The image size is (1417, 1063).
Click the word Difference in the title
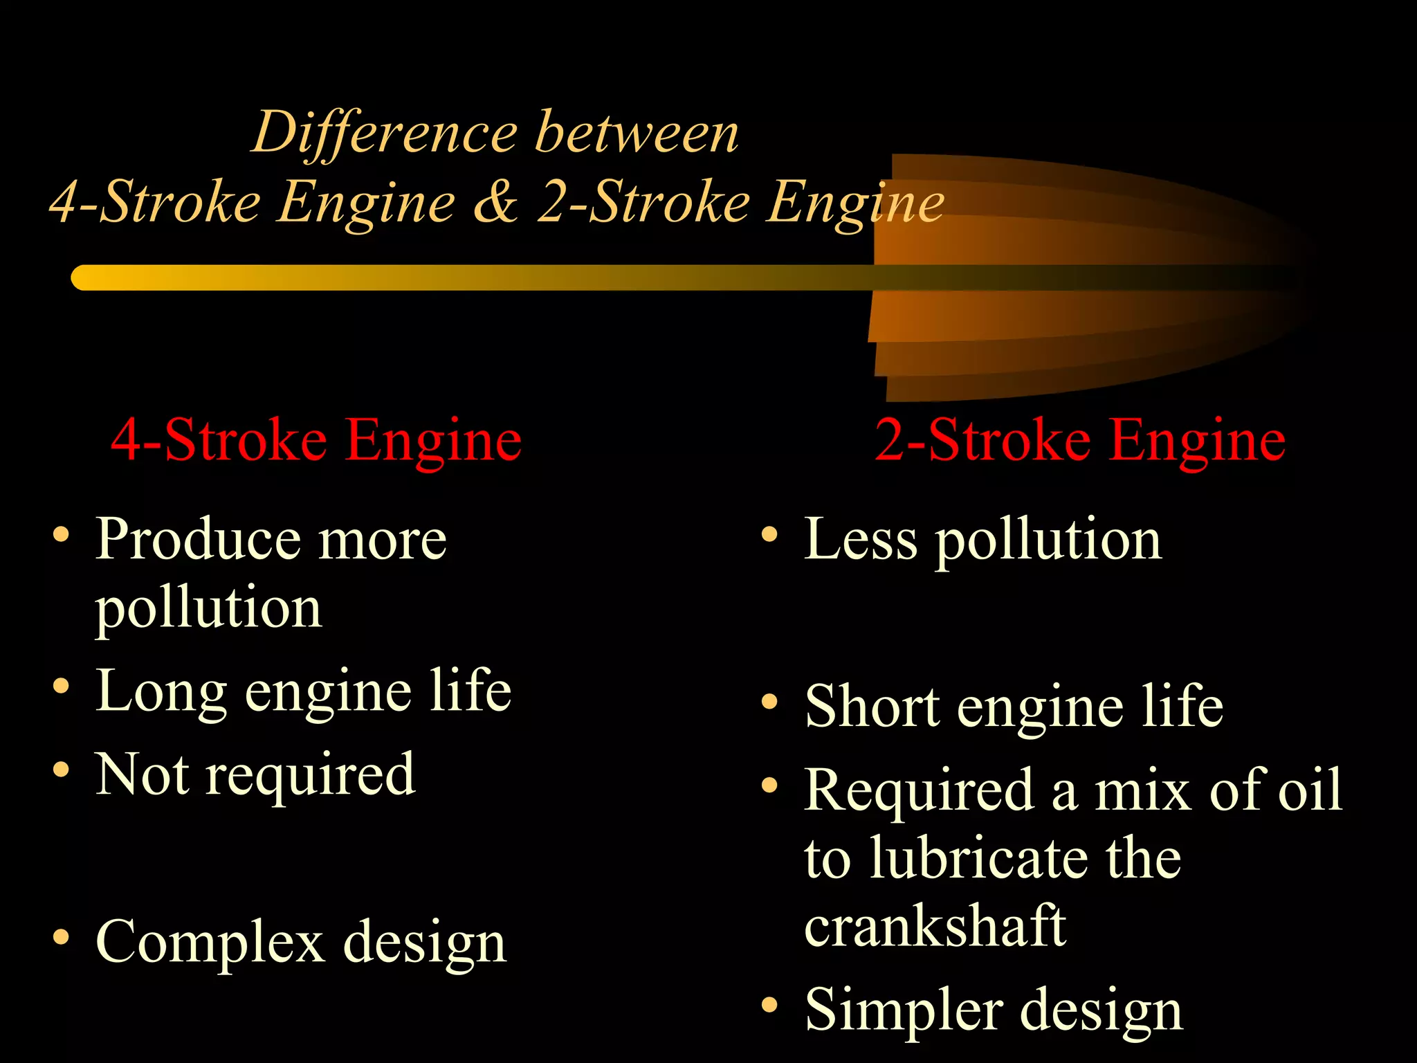point(385,133)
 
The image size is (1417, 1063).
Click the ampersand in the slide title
point(495,202)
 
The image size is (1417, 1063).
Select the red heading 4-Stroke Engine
point(316,440)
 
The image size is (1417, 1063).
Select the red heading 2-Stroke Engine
point(1079,440)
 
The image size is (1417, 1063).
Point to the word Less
point(861,540)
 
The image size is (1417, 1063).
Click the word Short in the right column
point(872,707)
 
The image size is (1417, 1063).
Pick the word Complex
point(210,941)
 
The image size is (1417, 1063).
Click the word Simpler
point(902,1010)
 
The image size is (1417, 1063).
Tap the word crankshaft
point(935,926)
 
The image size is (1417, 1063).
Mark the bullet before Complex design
point(61,937)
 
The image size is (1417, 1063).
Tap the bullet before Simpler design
point(769,1005)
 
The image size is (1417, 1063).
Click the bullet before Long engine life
point(61,686)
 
